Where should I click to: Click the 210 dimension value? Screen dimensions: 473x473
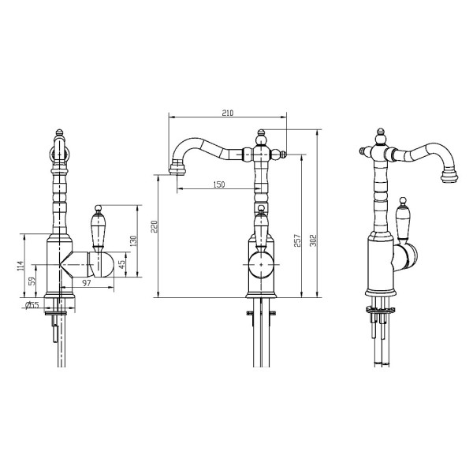228,113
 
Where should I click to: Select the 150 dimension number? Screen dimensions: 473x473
219,184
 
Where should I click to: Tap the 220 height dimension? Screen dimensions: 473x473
155,226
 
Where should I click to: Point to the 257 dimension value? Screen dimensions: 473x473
297,240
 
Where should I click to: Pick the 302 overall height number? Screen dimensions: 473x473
314,240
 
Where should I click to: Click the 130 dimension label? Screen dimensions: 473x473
134,240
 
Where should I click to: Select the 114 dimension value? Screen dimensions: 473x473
20,266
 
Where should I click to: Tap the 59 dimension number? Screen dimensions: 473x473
32,281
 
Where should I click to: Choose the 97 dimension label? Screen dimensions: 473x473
87,283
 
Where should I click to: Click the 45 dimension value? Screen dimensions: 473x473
122,264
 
